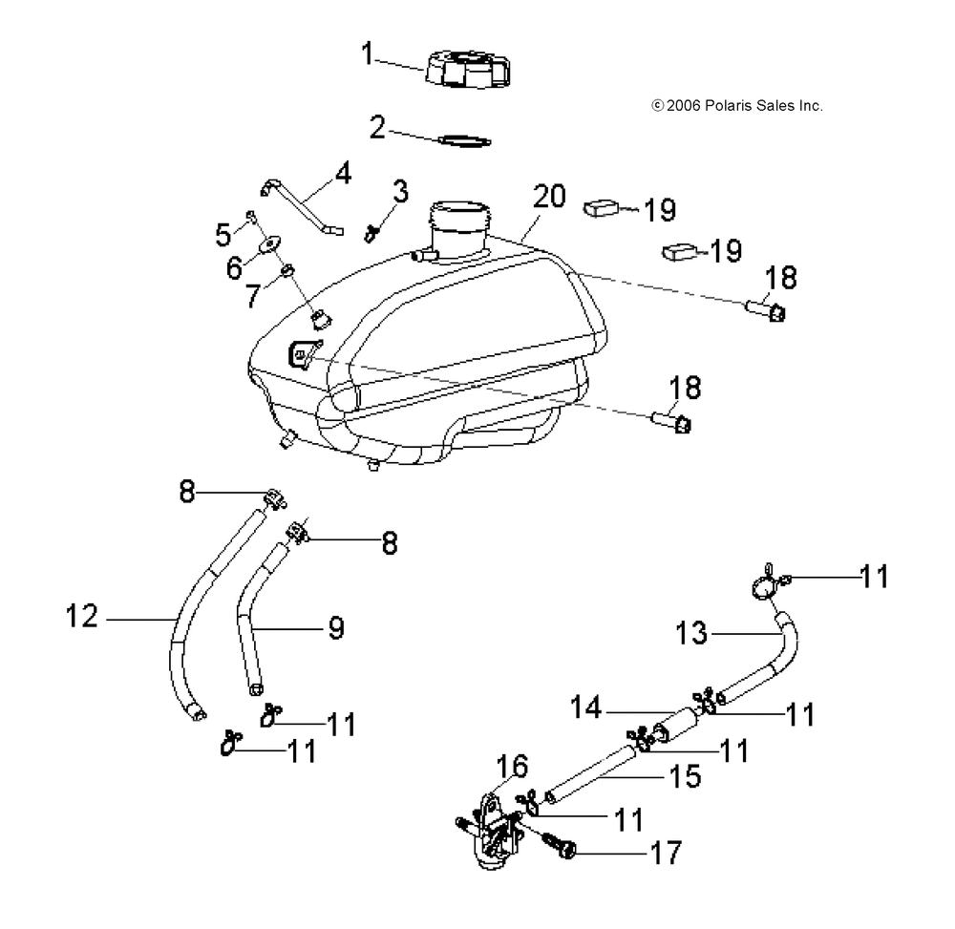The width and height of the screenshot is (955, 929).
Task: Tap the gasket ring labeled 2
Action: click(x=464, y=140)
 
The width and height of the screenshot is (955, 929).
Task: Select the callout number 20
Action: click(x=549, y=197)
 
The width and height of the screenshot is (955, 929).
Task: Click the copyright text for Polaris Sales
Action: click(x=737, y=106)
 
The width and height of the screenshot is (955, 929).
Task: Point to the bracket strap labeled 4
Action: click(x=303, y=206)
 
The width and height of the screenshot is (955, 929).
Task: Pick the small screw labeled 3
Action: click(x=371, y=233)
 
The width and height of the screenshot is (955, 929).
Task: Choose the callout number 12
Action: click(x=81, y=616)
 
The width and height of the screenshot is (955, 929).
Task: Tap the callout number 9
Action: click(x=336, y=628)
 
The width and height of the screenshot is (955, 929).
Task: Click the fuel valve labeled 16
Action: click(x=494, y=829)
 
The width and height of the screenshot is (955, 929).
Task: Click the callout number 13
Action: click(x=691, y=633)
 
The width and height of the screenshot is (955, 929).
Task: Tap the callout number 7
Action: click(x=253, y=296)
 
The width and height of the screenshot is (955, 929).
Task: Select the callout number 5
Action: click(x=223, y=235)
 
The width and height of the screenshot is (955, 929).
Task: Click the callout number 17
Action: click(x=667, y=853)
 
